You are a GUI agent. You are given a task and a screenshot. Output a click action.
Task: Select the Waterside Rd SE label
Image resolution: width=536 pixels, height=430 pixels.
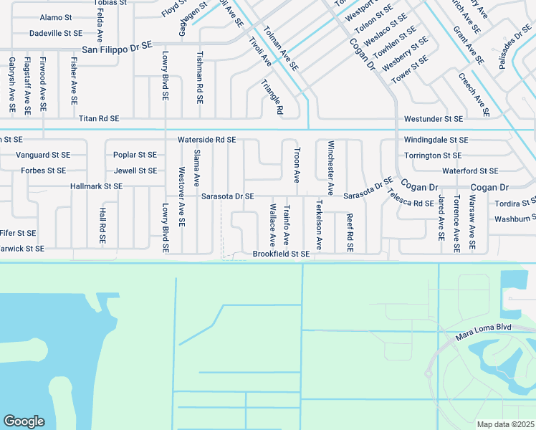[x=207, y=140]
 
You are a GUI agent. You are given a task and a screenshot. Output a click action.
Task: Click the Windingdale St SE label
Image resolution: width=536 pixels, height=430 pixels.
[x=436, y=140]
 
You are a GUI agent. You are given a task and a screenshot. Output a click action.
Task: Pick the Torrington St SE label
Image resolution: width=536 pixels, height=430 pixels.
[x=432, y=155]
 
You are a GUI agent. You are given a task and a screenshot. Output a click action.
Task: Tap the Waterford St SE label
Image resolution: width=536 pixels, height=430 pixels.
[x=469, y=171]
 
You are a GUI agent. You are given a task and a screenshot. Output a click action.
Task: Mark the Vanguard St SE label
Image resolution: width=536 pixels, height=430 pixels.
[x=43, y=155]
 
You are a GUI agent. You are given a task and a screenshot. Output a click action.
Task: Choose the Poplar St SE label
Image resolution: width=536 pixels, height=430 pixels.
[x=135, y=155]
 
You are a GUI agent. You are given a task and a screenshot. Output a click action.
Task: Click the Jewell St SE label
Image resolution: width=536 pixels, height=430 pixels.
[x=135, y=171]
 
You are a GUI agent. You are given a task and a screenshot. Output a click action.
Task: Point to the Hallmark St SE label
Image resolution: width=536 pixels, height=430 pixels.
[x=97, y=186]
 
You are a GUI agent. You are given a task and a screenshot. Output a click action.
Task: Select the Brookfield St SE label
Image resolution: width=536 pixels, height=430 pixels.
[x=281, y=254]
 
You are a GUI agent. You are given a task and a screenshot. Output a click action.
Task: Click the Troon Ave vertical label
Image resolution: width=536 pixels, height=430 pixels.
[x=297, y=165]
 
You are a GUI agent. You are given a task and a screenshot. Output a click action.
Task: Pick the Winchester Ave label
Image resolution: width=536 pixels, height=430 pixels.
[x=330, y=168]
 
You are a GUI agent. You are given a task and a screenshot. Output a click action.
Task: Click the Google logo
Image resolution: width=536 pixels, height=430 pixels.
[x=24, y=421]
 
